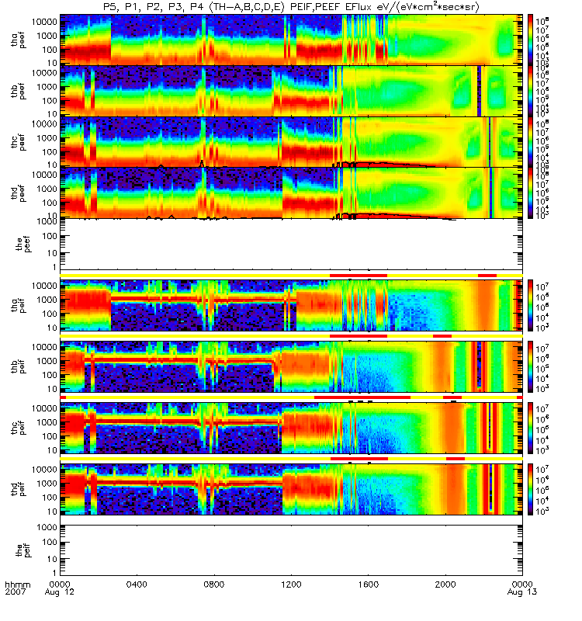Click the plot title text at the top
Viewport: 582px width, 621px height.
pos(290,7)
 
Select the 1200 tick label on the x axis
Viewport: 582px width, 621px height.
pos(291,584)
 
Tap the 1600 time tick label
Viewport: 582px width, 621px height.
pos(368,584)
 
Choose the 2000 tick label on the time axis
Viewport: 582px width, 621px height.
pos(445,584)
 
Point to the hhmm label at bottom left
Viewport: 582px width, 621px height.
pos(16,584)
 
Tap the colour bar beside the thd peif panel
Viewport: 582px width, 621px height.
pos(531,490)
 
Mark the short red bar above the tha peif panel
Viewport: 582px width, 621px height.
pos(487,275)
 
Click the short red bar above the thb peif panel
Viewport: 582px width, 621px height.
pos(442,336)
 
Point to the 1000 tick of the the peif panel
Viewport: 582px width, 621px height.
pos(45,528)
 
